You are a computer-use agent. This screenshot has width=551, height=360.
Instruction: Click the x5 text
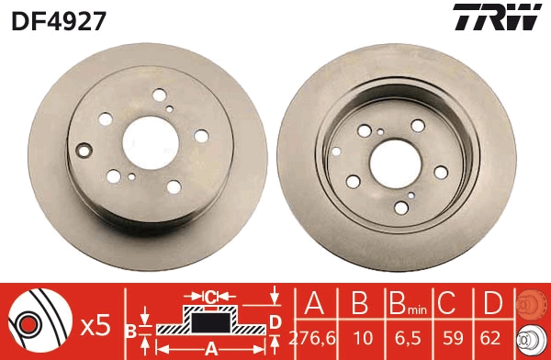(96, 323)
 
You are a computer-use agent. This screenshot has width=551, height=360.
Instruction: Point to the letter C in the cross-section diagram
(210, 296)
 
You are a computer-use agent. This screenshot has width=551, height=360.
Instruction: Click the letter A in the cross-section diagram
(210, 348)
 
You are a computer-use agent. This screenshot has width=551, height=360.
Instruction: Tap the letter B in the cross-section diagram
(130, 329)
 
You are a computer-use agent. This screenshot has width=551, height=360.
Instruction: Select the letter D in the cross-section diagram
(275, 321)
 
